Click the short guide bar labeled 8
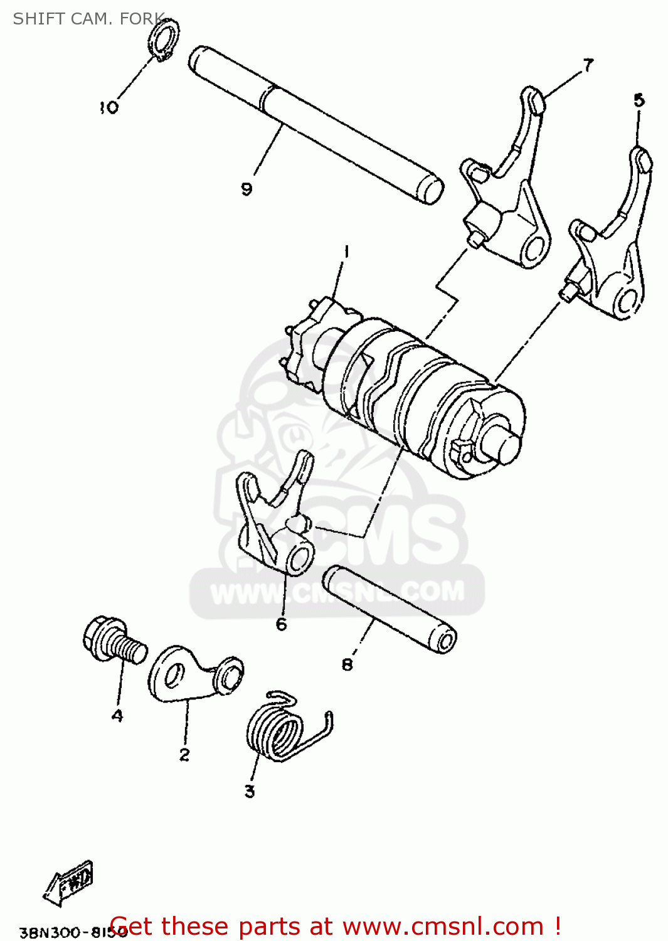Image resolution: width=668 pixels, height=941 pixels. coord(390,609)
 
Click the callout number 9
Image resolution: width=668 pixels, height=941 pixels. coord(247,189)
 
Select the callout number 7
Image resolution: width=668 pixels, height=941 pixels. coord(588,65)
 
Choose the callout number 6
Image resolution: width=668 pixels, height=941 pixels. coord(282,624)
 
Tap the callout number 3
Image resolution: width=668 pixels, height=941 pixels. coord(250,792)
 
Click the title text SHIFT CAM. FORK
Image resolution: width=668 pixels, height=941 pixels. coord(88,19)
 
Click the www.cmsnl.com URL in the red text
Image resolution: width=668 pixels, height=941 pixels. coord(443,927)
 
